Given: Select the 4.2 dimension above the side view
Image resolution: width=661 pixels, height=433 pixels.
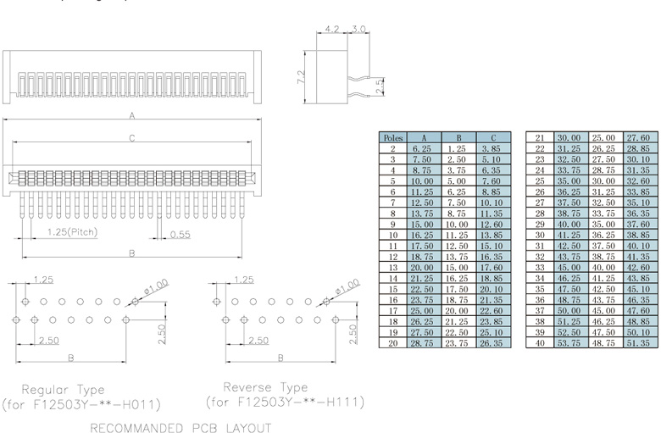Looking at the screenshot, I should (x=333, y=30).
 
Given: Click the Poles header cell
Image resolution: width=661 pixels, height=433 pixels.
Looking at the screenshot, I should (x=392, y=136).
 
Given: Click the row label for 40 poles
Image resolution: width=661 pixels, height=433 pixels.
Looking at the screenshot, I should (x=540, y=343).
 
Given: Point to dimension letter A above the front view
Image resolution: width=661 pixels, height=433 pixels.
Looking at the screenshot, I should (x=132, y=114).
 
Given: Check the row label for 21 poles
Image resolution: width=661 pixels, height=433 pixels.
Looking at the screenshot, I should (x=540, y=136).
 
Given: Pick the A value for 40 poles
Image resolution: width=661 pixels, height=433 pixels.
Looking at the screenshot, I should (x=567, y=343).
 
